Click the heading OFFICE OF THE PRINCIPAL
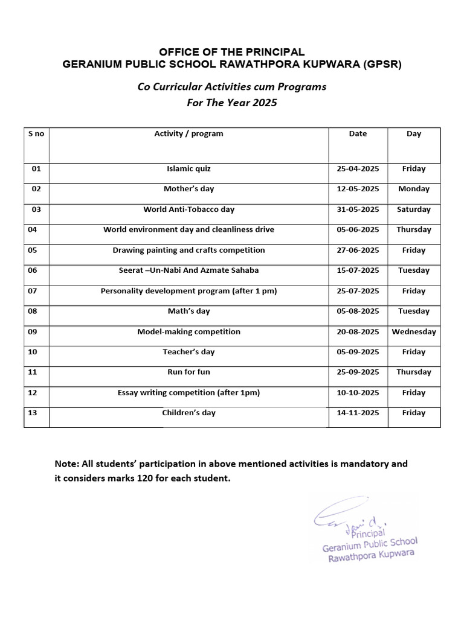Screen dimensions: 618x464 click(232, 53)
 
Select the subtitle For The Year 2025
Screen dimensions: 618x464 click(232, 103)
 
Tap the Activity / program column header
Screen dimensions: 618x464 click(188, 133)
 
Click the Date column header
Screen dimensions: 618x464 click(358, 133)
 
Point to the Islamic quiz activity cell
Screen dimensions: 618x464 click(188, 169)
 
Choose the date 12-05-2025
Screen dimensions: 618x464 click(358, 189)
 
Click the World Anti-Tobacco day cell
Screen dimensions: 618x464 click(188, 209)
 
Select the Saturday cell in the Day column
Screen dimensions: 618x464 click(414, 209)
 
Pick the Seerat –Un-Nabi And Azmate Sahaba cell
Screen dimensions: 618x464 click(188, 270)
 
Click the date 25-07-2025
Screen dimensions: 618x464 click(358, 291)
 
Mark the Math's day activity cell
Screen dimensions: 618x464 click(188, 311)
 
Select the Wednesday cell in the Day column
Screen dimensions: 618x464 click(414, 331)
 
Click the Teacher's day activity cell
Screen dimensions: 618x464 click(188, 352)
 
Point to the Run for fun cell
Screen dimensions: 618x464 click(188, 372)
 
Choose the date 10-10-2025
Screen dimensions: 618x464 click(358, 392)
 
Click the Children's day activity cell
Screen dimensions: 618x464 click(188, 413)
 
